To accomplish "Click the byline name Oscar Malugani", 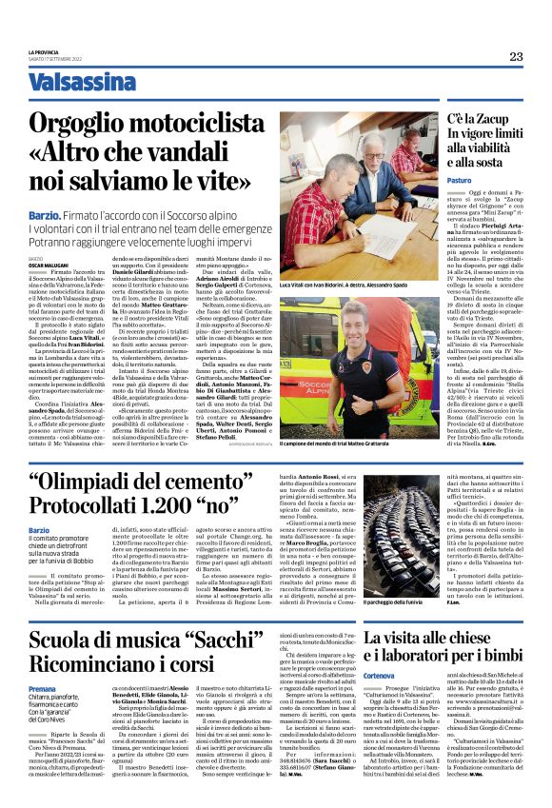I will (44, 265).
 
